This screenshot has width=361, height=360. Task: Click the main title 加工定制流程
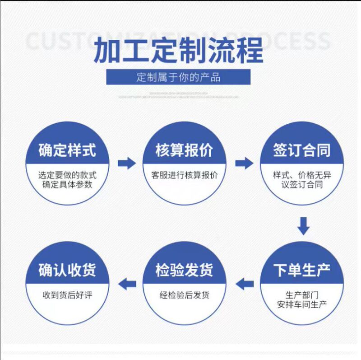[x=178, y=51]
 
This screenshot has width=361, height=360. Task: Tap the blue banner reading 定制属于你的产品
[x=178, y=76]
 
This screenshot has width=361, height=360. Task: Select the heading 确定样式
[x=67, y=150]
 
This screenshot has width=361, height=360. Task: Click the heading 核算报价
[x=184, y=150]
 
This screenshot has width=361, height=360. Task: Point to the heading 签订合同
[x=301, y=150]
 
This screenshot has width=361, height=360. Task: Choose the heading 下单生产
[x=301, y=270]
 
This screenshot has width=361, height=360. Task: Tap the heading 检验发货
[x=184, y=270]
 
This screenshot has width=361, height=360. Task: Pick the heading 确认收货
[x=67, y=270]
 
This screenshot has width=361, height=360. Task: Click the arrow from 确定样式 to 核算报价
[x=126, y=163]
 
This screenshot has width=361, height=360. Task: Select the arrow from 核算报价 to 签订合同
[x=244, y=163]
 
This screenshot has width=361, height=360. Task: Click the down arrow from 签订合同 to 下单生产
[x=303, y=226]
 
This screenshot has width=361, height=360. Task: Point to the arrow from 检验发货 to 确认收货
[x=127, y=284]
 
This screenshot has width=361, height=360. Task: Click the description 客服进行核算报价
[x=184, y=175]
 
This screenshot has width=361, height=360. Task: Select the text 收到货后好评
[x=67, y=295]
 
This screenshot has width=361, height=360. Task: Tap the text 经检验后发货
[x=184, y=295]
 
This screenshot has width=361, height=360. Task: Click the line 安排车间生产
[x=301, y=304]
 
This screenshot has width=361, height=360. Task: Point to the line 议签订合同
[x=301, y=185]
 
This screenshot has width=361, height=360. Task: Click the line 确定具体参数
[x=67, y=185]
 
